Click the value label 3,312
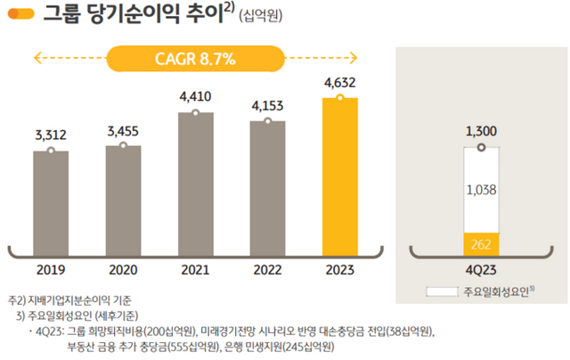[x=51, y=135]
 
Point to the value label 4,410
[x=195, y=93]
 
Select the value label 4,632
[x=339, y=82]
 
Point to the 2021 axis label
[x=195, y=268]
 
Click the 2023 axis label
[x=339, y=268]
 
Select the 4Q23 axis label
[x=481, y=268]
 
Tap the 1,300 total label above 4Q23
[x=481, y=131]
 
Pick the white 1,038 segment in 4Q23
[x=481, y=189]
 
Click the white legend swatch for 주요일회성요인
[x=441, y=291]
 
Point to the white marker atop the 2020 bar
[x=123, y=145]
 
